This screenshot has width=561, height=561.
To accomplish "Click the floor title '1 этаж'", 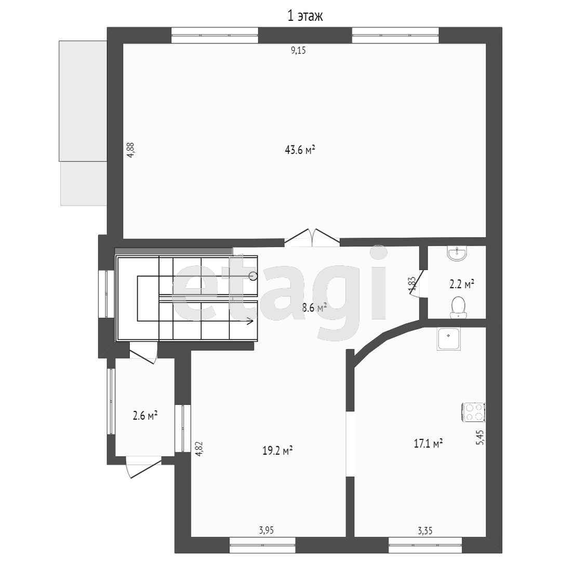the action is pyautogui.click(x=305, y=16).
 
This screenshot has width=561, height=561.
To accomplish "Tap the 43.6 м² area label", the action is pyautogui.click(x=300, y=150).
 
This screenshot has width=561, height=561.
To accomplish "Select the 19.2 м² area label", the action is pyautogui.click(x=277, y=450).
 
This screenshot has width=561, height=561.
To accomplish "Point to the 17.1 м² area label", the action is pyautogui.click(x=428, y=444).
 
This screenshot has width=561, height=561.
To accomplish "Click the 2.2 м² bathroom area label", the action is pyautogui.click(x=462, y=285).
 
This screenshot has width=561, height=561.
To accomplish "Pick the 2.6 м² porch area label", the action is pyautogui.click(x=145, y=416).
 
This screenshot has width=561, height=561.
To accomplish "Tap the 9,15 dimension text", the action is pyautogui.click(x=298, y=50).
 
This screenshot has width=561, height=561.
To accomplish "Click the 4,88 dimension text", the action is pyautogui.click(x=130, y=150).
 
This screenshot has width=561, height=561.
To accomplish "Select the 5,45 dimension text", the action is pyautogui.click(x=480, y=437).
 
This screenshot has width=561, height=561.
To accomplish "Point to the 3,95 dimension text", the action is pyautogui.click(x=266, y=530).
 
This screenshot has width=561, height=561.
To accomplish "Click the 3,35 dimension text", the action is pyautogui.click(x=425, y=530).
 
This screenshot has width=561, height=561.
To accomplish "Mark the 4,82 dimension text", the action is pyautogui.click(x=199, y=448).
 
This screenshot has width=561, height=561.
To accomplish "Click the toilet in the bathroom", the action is pyautogui.click(x=458, y=308).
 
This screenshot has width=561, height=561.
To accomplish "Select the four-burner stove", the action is pyautogui.click(x=473, y=412).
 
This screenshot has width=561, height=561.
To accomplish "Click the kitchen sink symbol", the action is pyautogui.click(x=449, y=339).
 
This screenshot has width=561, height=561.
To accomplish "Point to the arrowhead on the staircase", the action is pyautogui.click(x=249, y=321).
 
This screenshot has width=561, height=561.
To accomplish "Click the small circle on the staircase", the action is pyautogui.click(x=253, y=276).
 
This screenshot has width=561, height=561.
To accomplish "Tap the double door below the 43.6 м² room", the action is pyautogui.click(x=312, y=237).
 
